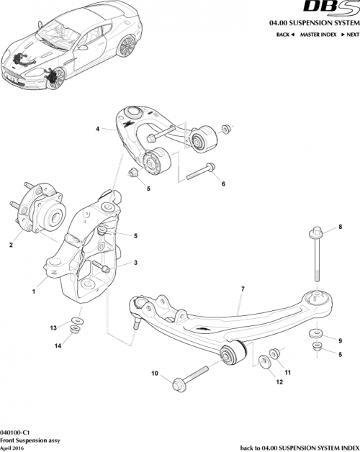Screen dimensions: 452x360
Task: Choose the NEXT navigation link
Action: point(351,35)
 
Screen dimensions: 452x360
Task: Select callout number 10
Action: point(154,374)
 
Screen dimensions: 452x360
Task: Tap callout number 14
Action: point(53,346)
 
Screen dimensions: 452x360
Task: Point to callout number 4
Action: point(96,130)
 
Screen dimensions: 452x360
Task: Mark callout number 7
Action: point(243,289)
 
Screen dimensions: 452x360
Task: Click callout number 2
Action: point(11,245)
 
